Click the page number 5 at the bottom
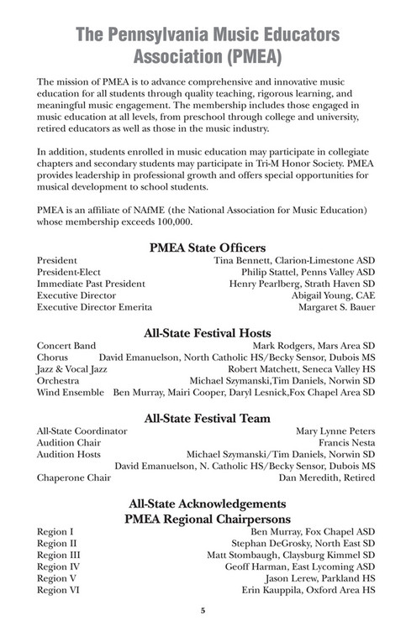click(x=203, y=610)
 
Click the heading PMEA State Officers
click(x=207, y=248)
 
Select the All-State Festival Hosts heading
click(x=207, y=330)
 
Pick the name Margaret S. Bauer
click(x=337, y=308)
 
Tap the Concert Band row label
click(x=66, y=344)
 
